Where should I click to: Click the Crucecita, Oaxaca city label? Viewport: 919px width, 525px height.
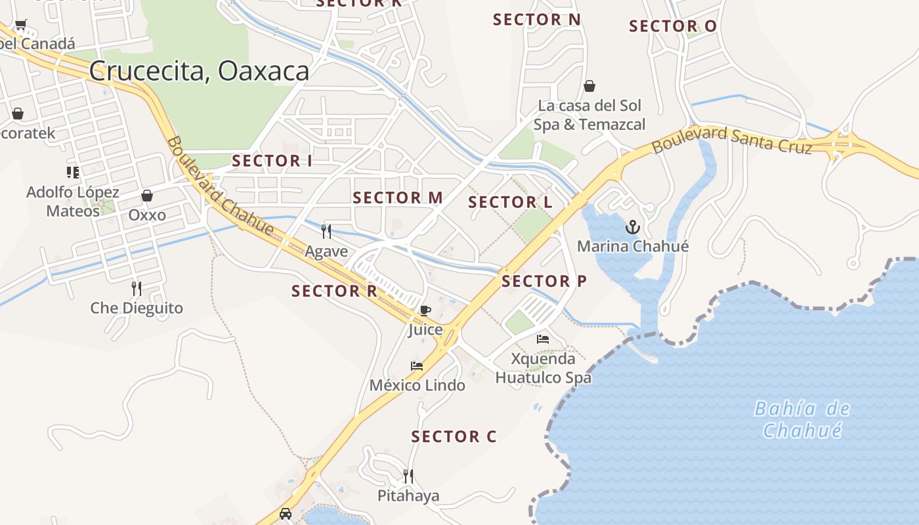(199, 71)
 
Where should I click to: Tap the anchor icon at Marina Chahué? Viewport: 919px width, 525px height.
(632, 228)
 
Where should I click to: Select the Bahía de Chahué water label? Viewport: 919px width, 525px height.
(801, 420)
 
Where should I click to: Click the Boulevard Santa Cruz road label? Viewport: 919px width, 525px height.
(731, 140)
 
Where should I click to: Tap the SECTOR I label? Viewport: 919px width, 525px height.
(272, 161)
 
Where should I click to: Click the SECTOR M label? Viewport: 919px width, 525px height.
(397, 198)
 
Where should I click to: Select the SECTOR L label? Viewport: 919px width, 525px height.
(510, 203)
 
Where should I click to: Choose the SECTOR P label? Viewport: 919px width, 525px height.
(544, 282)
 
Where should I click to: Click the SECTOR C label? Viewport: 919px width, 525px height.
(454, 436)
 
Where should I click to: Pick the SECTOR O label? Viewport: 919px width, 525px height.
(672, 27)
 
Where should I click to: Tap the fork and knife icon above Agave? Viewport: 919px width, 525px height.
(326, 231)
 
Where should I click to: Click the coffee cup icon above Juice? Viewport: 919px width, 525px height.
(425, 310)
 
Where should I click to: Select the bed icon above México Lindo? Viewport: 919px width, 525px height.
(417, 366)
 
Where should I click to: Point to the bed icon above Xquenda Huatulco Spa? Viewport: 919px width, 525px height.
(543, 339)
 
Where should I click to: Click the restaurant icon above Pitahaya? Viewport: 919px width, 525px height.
(408, 476)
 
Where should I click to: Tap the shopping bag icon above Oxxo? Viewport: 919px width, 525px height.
(147, 196)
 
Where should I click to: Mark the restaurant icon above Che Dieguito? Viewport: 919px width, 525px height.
(137, 288)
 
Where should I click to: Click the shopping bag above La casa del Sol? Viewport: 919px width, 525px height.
(589, 86)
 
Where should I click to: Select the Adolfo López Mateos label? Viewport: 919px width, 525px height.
(73, 201)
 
